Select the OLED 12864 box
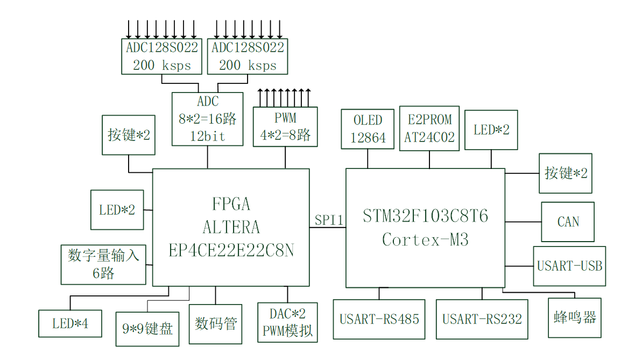(x=368, y=129)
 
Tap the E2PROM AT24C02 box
(x=429, y=128)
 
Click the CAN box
(x=568, y=221)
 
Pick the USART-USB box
(x=569, y=266)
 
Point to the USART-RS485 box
(x=379, y=319)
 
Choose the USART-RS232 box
(x=482, y=319)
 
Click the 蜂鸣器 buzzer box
(x=575, y=317)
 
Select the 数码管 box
(x=216, y=324)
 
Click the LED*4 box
(x=70, y=323)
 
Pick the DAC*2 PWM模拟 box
(x=287, y=322)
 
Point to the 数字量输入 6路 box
(x=103, y=264)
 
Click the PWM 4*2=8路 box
(x=285, y=126)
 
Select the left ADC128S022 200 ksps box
(x=162, y=56)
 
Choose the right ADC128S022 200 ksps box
(x=248, y=56)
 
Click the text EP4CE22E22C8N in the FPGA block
(x=231, y=251)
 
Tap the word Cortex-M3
(x=425, y=239)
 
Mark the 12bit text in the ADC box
(x=207, y=136)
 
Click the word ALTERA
(x=231, y=228)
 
